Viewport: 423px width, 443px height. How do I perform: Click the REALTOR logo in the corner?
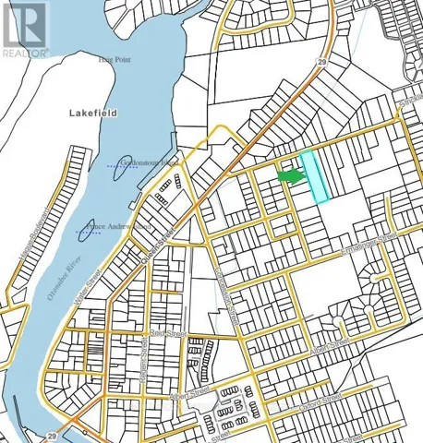pos(25,30)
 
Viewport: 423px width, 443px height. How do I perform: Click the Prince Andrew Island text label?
pos(117,224)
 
